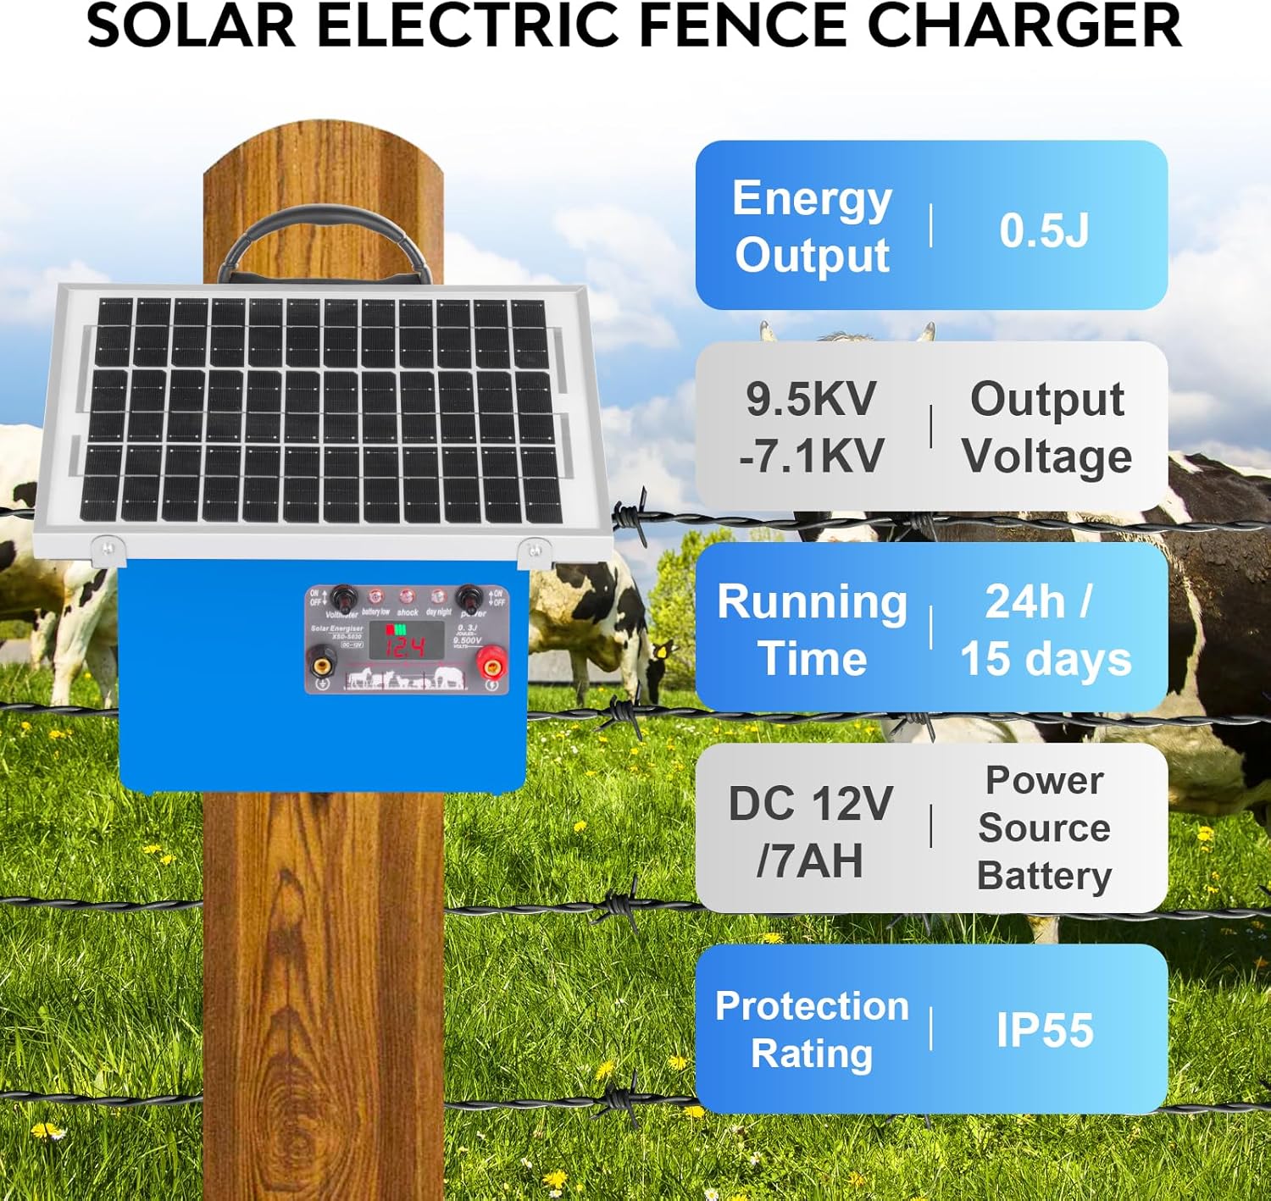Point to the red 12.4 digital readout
(406, 648)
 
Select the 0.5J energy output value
(1044, 230)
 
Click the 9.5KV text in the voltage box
(811, 399)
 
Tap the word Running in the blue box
(812, 602)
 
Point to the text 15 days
(1046, 659)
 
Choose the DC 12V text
(810, 803)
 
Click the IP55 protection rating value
(1045, 1030)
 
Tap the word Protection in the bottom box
(812, 1006)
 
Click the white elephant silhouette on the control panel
(449, 678)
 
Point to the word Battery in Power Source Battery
(1044, 876)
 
